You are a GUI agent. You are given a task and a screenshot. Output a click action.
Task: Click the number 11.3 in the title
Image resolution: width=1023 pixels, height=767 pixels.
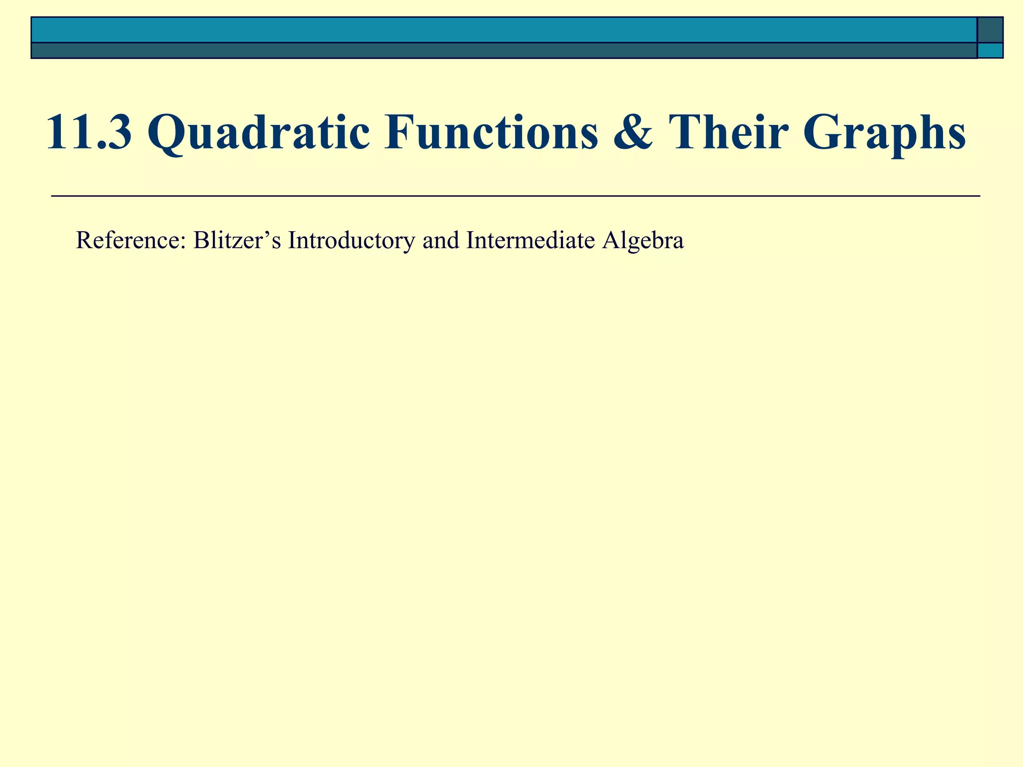[x=89, y=132]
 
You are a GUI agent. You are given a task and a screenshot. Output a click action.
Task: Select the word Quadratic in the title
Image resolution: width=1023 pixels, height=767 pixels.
[x=259, y=133]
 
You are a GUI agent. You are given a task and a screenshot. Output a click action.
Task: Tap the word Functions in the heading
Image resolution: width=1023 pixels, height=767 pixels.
[x=491, y=132]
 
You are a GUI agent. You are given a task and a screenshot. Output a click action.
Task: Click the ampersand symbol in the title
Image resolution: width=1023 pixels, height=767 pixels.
[x=632, y=132]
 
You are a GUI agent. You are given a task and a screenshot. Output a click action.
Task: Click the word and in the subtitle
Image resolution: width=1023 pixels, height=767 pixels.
[x=440, y=241]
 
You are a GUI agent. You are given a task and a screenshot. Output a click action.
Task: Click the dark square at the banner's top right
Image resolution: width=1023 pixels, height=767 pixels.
[x=990, y=29]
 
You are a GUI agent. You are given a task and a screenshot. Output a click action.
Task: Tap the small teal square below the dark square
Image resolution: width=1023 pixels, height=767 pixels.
[x=990, y=50]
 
